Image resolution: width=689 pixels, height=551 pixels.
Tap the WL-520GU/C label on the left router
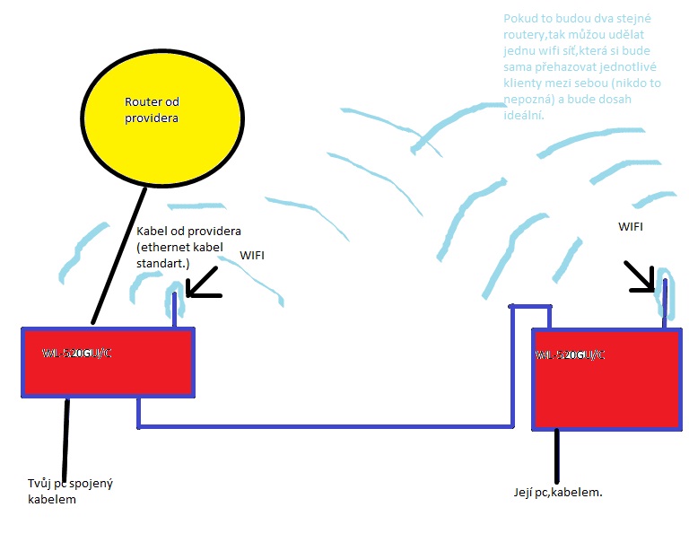click(77, 353)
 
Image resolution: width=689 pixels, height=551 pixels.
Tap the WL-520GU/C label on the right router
click(571, 354)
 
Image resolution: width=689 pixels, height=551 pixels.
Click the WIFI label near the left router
click(252, 256)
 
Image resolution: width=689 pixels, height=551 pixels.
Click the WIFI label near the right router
click(631, 226)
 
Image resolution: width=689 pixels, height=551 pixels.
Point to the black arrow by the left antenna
click(204, 283)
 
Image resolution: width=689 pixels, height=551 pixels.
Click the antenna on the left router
click(176, 305)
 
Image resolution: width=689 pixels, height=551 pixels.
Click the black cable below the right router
click(558, 457)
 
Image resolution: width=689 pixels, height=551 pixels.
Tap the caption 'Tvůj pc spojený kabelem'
click(70, 492)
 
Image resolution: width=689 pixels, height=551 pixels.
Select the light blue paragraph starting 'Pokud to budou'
click(583, 67)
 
